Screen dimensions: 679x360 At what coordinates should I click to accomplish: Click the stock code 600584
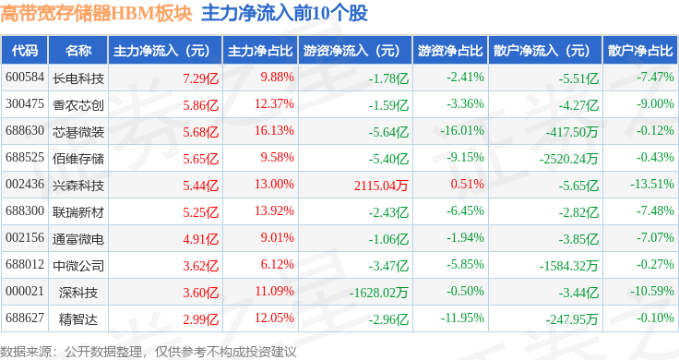(x=25, y=78)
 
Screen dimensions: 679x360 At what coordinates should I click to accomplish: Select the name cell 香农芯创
(x=78, y=105)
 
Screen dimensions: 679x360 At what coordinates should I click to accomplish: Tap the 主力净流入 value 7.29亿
(x=200, y=78)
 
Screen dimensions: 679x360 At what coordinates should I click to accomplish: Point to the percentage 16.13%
(x=274, y=130)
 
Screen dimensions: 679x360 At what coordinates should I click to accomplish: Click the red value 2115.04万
(x=381, y=186)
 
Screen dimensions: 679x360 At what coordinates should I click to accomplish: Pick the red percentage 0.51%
(x=467, y=184)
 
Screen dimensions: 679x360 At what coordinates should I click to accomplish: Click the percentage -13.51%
(x=651, y=184)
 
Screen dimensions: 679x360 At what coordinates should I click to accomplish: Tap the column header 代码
(x=25, y=50)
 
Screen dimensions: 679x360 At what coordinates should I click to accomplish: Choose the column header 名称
(x=78, y=50)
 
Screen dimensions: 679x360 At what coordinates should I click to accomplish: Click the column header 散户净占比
(x=640, y=50)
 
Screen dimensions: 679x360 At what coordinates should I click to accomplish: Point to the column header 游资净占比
(x=450, y=50)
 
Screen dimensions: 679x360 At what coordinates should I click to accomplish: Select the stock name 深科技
(x=78, y=293)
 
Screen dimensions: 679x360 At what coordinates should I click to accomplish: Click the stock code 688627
(x=25, y=318)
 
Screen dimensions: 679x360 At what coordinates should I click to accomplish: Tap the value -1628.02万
(x=378, y=293)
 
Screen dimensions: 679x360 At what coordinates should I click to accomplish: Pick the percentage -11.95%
(x=462, y=318)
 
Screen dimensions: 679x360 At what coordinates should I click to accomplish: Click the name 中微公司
(x=78, y=266)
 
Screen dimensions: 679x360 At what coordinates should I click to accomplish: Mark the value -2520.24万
(x=568, y=159)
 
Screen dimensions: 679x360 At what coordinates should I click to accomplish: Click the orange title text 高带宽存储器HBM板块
(x=96, y=13)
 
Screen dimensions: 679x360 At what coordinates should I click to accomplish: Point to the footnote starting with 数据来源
(x=149, y=352)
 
